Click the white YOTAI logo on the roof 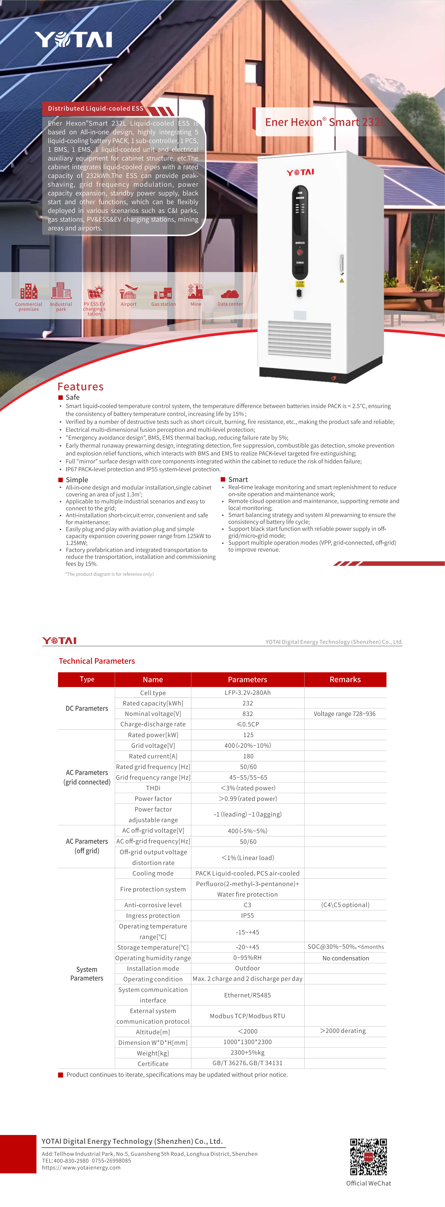[74, 40]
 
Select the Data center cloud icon [230, 294]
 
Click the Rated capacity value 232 [248, 703]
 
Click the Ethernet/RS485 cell [248, 995]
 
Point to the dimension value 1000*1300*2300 [248, 1042]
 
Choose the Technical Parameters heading [96, 661]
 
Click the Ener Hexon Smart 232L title [324, 122]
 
